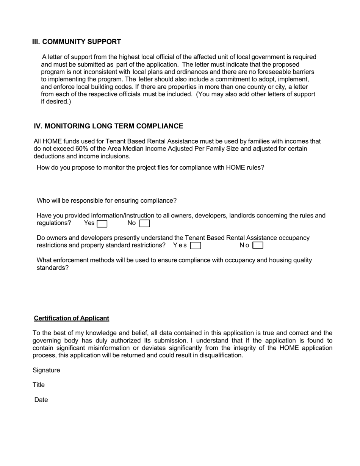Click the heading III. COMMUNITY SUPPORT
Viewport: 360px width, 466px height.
coord(77,42)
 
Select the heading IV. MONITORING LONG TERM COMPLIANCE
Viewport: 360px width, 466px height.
coord(108,126)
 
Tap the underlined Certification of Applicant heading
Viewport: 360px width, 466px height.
coord(72,318)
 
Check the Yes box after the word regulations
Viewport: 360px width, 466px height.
coord(102,224)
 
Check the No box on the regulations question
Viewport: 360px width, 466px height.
coord(145,224)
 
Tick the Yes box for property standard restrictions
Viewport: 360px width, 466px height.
coord(196,246)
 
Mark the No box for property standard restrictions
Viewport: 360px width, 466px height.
coord(258,246)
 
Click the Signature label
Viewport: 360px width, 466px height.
coord(46,370)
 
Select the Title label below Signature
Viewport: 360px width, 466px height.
coord(39,385)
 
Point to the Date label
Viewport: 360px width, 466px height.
coord(41,400)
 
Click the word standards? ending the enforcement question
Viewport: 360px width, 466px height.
coord(53,268)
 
